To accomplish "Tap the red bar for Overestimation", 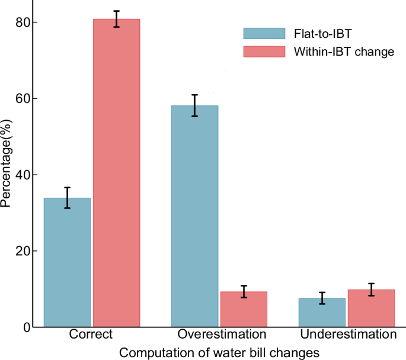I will click(x=244, y=309).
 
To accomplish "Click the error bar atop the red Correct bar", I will click(x=116, y=19).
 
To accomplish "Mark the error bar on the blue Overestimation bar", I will click(x=194, y=105).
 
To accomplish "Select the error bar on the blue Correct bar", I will click(x=68, y=198).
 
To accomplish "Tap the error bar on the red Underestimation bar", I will click(x=370, y=290).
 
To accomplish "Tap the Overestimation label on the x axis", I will click(x=219, y=335).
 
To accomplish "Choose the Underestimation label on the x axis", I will click(x=348, y=335).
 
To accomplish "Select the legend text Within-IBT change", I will click(x=344, y=52).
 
